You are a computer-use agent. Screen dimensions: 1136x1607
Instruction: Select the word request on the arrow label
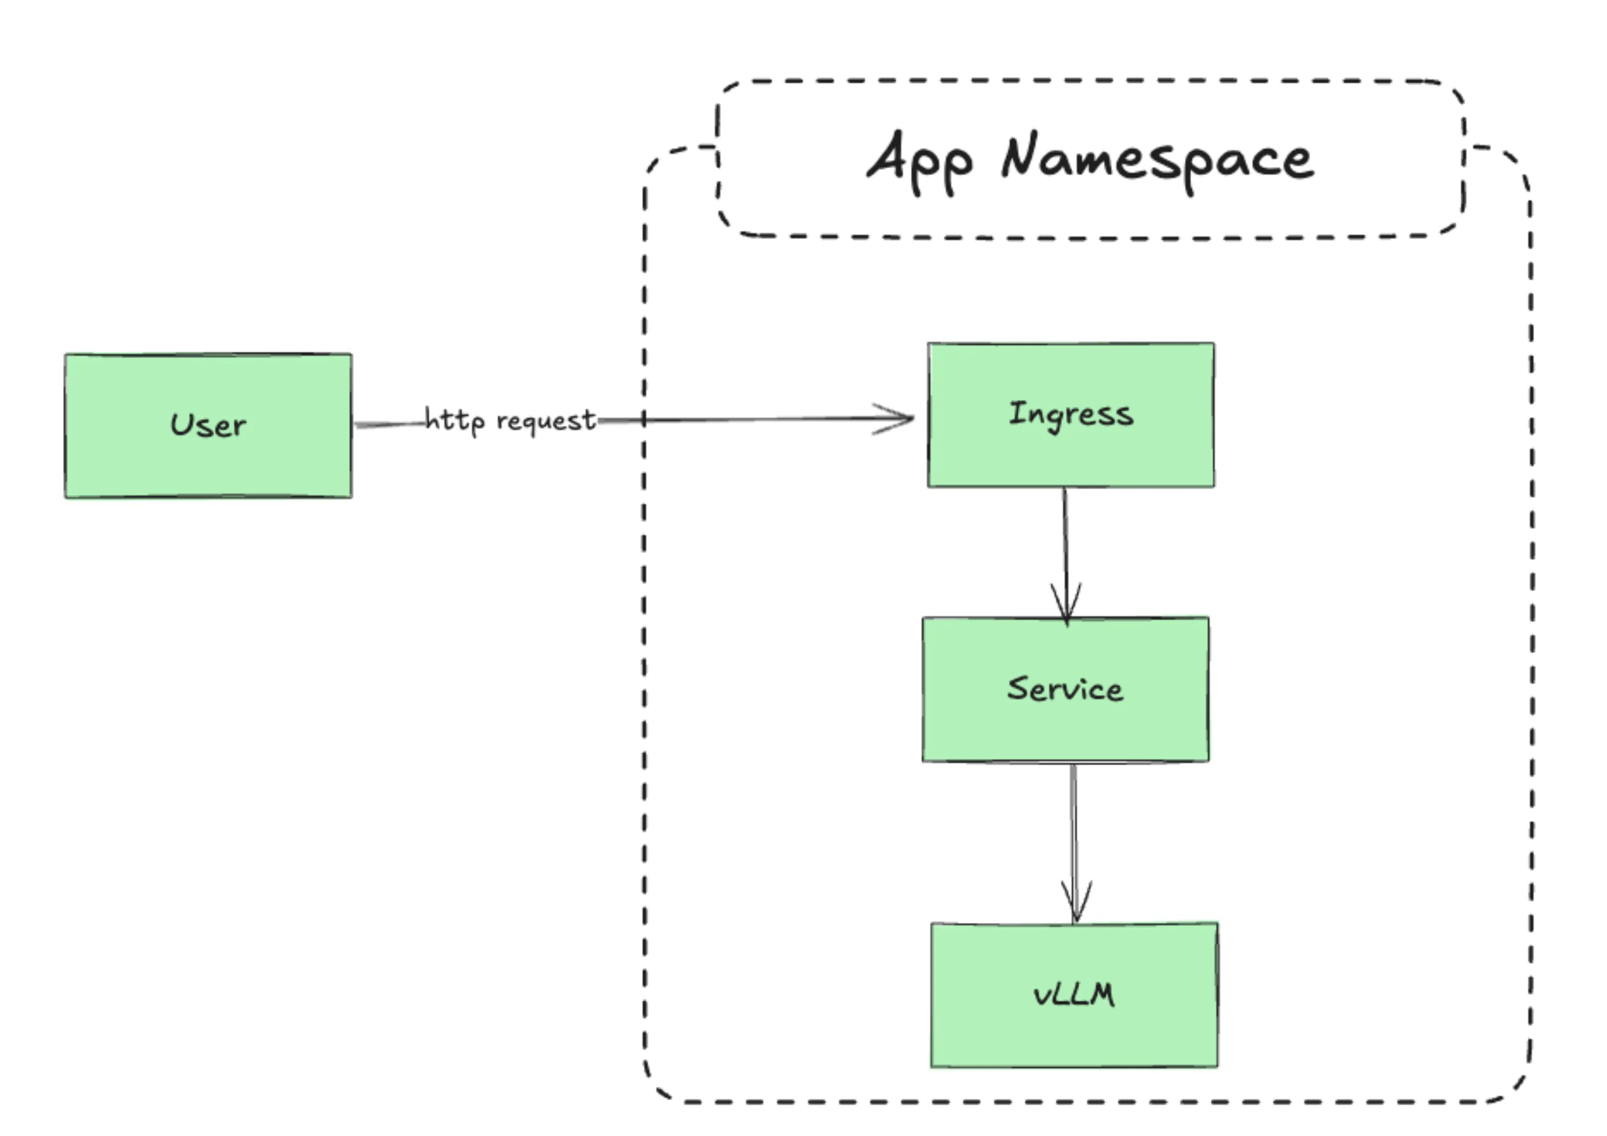[546, 420]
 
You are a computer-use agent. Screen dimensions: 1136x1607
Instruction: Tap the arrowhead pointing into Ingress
[899, 418]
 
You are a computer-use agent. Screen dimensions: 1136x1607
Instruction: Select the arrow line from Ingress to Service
[1065, 539]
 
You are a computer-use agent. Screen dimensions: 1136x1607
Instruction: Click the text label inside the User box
[208, 425]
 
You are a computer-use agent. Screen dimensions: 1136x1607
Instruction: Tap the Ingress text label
[1071, 414]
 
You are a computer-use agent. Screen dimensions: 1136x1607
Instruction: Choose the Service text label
[1065, 689]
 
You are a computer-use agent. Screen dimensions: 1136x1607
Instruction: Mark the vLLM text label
[1074, 995]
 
